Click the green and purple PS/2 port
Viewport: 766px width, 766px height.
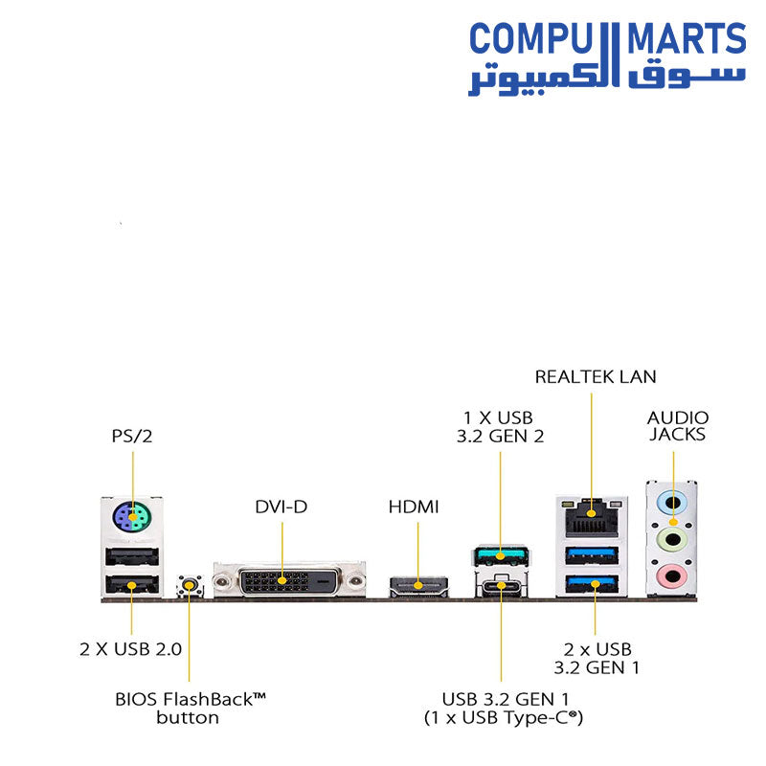pyautogui.click(x=132, y=520)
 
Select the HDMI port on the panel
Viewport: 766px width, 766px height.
pyautogui.click(x=418, y=583)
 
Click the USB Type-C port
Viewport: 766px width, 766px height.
pyautogui.click(x=501, y=587)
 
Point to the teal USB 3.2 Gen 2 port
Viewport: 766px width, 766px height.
pyautogui.click(x=501, y=555)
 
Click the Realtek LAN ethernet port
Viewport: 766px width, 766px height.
pyautogui.click(x=592, y=518)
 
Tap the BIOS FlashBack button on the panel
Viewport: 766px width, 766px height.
pyautogui.click(x=190, y=585)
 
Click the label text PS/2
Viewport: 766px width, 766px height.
pyautogui.click(x=132, y=437)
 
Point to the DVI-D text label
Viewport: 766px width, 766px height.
pyautogui.click(x=282, y=506)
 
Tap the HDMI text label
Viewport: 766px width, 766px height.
pyautogui.click(x=414, y=506)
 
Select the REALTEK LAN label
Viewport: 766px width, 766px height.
pyautogui.click(x=596, y=377)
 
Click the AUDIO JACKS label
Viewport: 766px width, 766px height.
pyautogui.click(x=678, y=425)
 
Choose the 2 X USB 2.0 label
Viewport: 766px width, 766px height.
pyautogui.click(x=130, y=649)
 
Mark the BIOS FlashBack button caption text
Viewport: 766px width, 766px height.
pyautogui.click(x=190, y=708)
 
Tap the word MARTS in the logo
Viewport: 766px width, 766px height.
pyautogui.click(x=686, y=40)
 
